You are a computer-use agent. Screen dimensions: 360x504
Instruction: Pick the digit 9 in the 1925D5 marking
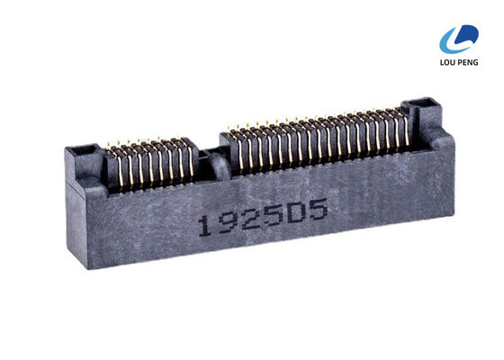(x=225, y=223)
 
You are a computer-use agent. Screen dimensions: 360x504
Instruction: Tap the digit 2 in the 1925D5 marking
(x=246, y=220)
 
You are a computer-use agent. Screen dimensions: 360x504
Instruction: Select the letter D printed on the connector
(x=291, y=215)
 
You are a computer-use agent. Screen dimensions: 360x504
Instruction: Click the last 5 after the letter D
(x=313, y=212)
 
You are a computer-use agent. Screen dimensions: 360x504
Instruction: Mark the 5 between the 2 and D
(x=268, y=218)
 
